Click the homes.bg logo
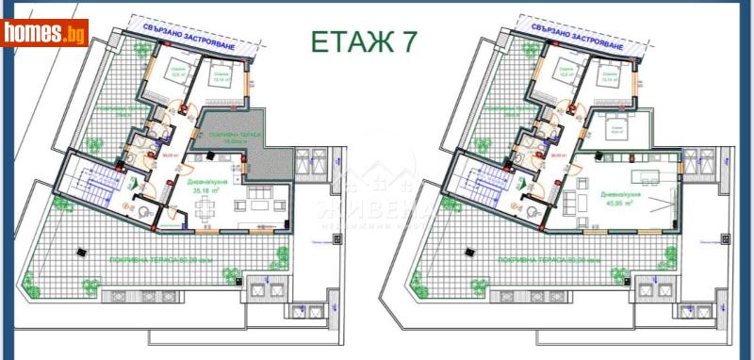(x=45, y=34)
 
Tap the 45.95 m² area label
(x=616, y=202)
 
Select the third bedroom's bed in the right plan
(x=613, y=123)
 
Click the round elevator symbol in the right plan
(x=537, y=196)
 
